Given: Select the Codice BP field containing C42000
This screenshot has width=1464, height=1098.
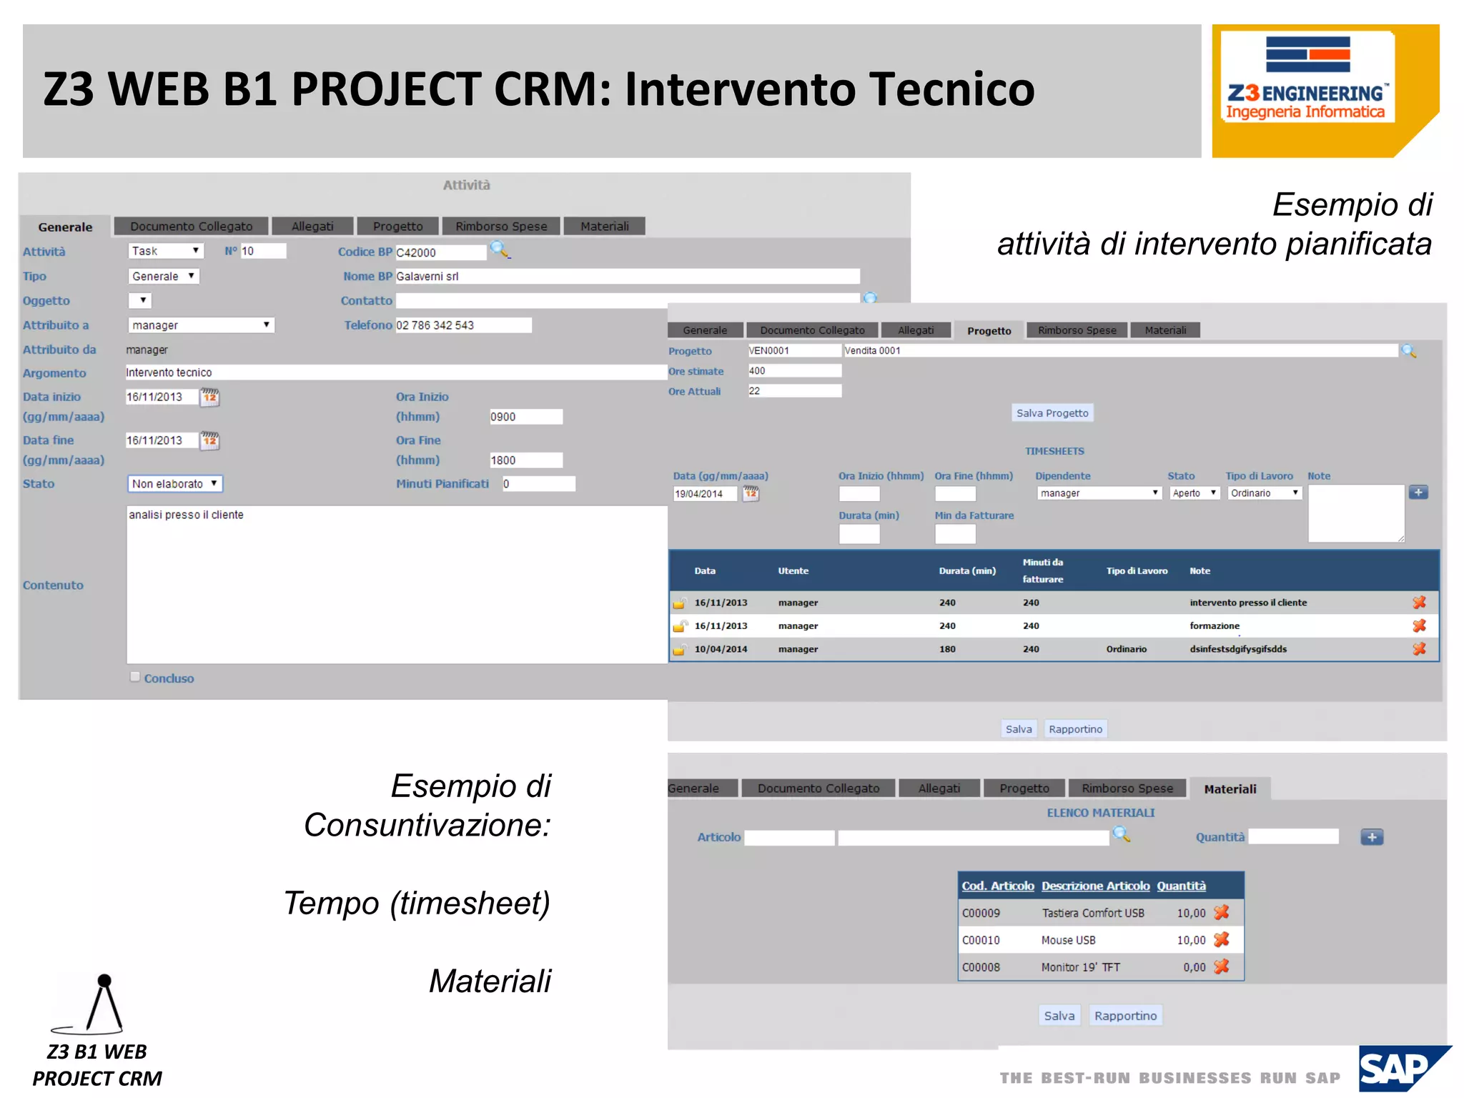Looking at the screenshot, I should tap(440, 252).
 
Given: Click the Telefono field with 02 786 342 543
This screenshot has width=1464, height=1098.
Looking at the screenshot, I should tap(463, 325).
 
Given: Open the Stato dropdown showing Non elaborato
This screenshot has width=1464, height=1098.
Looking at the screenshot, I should tap(175, 484).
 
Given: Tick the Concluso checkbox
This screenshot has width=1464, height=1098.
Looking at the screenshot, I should tap(135, 677).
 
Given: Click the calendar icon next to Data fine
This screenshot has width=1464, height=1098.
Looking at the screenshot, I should tap(209, 440).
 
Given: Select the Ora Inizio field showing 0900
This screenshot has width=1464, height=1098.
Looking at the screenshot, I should tap(525, 417).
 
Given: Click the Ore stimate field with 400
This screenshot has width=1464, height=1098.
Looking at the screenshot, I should tap(794, 371).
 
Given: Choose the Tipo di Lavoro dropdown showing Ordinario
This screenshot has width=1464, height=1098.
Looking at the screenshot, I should tap(1264, 493).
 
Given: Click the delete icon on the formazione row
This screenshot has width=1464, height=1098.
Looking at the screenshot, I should tap(1419, 625).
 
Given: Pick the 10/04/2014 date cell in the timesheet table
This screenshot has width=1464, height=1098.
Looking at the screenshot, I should tap(721, 649).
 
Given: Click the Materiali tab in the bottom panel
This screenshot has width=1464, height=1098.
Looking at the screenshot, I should tap(1230, 789).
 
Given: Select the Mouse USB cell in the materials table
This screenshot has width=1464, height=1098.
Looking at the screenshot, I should tap(1068, 940).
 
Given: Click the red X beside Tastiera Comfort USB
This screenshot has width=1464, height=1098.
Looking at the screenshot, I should tap(1222, 912).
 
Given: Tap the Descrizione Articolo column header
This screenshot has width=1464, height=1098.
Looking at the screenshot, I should tap(1095, 886).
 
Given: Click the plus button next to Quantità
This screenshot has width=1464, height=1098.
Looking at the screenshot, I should tap(1372, 837).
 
